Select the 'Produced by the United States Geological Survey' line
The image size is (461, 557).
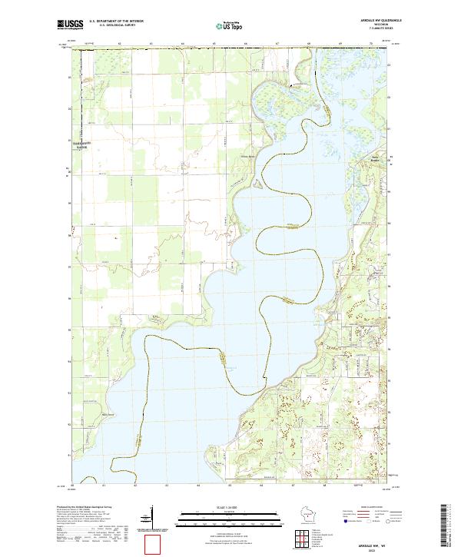[x=83, y=508]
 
